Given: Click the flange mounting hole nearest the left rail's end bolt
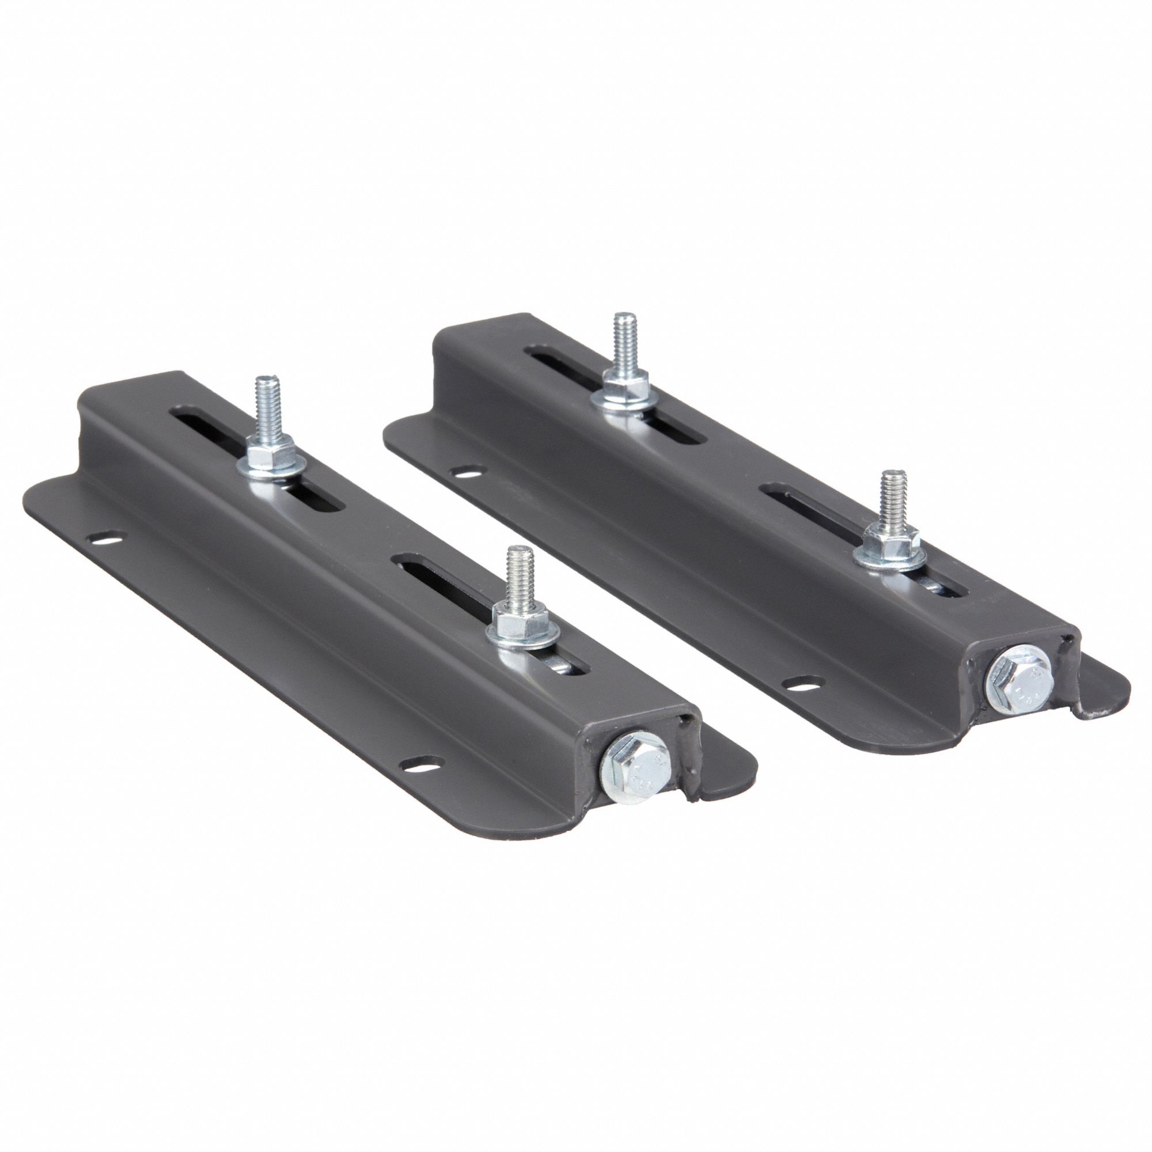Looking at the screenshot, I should click(x=421, y=763).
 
